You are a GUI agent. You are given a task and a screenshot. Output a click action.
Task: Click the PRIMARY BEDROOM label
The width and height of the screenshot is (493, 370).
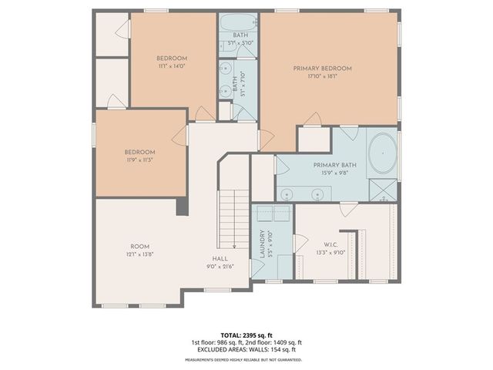[x=322, y=69]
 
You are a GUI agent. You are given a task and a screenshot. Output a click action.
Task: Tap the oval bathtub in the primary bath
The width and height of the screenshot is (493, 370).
[x=383, y=154]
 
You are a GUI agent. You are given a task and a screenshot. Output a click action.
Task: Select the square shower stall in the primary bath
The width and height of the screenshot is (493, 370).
[x=381, y=189]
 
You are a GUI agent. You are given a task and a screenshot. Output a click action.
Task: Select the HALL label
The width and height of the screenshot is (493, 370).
[x=220, y=259]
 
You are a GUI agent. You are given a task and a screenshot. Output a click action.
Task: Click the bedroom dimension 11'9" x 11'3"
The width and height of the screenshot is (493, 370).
[x=140, y=160]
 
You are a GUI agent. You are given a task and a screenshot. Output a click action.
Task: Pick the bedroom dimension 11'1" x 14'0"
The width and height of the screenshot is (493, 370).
[x=172, y=67]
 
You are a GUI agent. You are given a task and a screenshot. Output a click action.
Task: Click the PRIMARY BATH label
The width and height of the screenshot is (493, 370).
[x=332, y=166]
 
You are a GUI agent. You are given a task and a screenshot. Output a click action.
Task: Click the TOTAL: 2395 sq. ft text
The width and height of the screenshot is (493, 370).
[x=246, y=335]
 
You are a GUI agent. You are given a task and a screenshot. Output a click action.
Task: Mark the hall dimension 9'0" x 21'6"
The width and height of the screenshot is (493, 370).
[x=220, y=267]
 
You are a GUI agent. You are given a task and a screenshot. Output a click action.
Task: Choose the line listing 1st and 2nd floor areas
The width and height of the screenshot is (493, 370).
[x=246, y=342]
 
